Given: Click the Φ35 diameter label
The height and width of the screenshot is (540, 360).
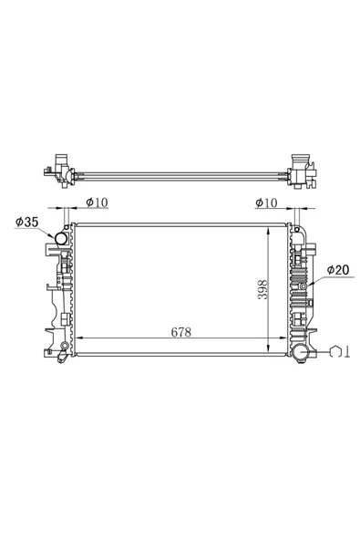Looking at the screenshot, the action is click(x=26, y=223).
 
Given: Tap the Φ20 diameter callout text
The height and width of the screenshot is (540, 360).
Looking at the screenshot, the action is click(x=338, y=270).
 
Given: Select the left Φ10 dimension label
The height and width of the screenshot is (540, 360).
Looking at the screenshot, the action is click(x=97, y=202).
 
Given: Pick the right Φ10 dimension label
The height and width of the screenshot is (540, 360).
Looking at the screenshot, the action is click(x=266, y=202).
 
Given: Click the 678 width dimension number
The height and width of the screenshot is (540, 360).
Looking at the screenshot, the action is click(x=181, y=332).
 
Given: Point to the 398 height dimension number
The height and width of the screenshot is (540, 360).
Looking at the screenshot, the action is click(x=263, y=289).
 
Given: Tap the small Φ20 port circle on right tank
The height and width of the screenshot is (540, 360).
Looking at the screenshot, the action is click(x=303, y=286).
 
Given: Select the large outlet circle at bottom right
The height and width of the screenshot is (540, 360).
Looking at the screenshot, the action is click(x=303, y=353).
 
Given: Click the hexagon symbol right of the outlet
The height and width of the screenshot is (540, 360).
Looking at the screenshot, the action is click(x=334, y=352).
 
